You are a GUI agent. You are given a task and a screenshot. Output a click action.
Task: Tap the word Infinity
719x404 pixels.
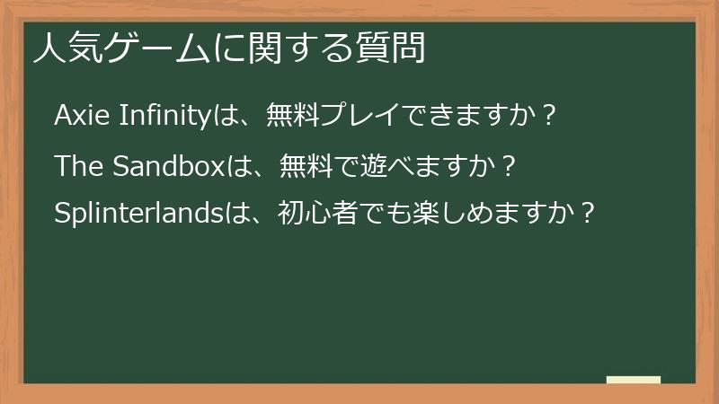click(164, 116)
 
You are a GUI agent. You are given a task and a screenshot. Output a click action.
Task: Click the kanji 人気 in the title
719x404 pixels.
click(63, 48)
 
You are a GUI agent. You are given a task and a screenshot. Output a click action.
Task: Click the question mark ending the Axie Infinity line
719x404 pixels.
click(550, 116)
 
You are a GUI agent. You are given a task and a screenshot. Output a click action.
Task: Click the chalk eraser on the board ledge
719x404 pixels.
click(633, 379)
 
